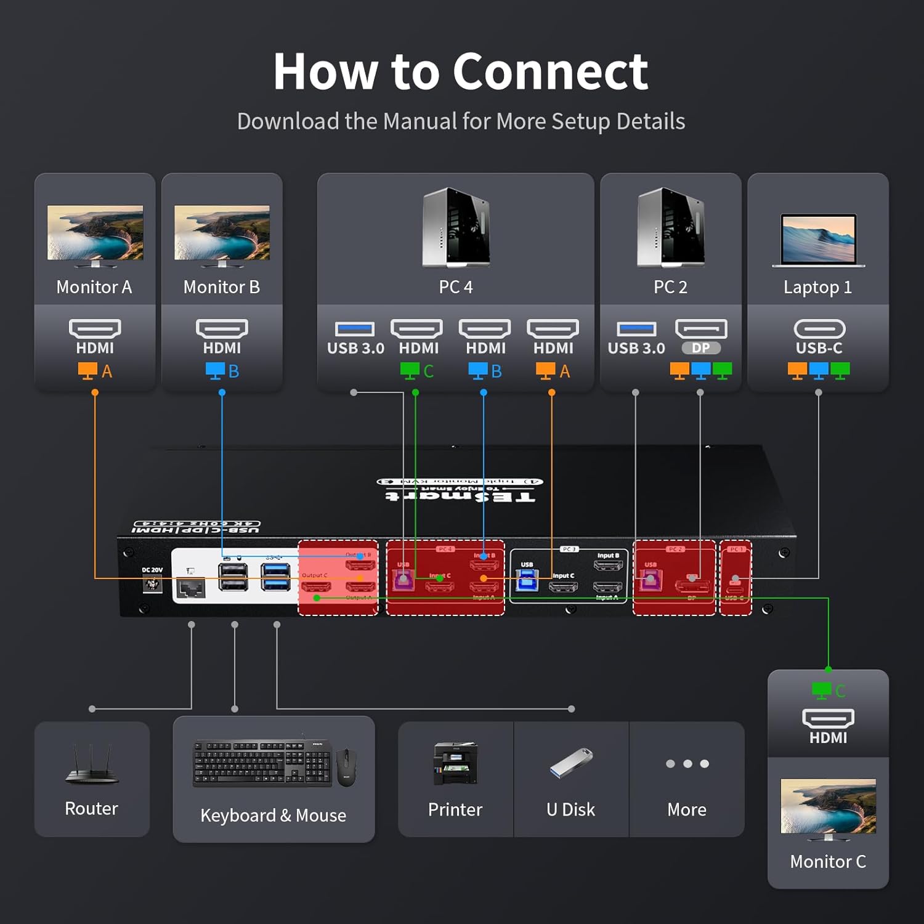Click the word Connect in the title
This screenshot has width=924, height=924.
[550, 71]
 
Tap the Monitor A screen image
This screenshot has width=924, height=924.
[95, 233]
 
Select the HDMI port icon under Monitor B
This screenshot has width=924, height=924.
[222, 328]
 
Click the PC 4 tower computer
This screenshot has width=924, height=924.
[456, 227]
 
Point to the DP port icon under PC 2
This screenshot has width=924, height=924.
[701, 329]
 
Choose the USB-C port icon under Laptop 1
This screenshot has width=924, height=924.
[819, 328]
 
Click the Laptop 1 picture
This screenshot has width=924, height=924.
[818, 240]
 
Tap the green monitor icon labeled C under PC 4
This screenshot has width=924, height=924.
[410, 371]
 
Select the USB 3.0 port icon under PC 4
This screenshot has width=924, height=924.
[354, 329]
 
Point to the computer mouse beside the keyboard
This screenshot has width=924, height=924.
[346, 767]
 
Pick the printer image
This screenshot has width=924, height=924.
[455, 763]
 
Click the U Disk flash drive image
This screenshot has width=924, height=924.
[570, 763]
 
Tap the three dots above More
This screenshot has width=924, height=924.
[687, 764]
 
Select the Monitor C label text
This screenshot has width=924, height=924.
[827, 861]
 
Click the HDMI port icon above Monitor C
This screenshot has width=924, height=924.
[828, 718]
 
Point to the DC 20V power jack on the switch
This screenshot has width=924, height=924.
[152, 583]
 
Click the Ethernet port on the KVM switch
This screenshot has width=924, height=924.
[190, 588]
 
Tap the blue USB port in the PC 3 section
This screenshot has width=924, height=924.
[527, 580]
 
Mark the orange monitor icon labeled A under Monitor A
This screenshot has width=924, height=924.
[87, 371]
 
